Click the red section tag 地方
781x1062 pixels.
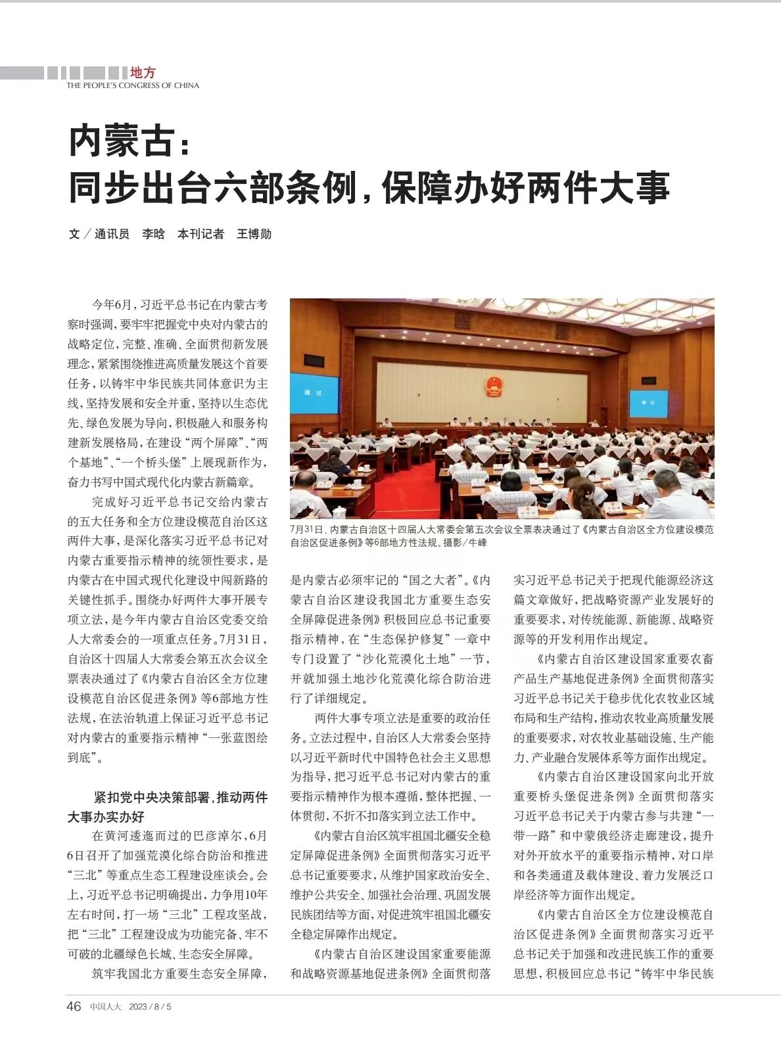click(x=143, y=72)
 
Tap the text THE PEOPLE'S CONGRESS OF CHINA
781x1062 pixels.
click(x=132, y=85)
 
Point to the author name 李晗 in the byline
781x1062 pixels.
click(x=153, y=234)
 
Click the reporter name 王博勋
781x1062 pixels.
click(x=254, y=234)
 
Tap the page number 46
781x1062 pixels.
click(x=74, y=1006)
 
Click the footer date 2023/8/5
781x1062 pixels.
click(x=150, y=1007)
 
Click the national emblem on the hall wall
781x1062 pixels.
click(x=493, y=386)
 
